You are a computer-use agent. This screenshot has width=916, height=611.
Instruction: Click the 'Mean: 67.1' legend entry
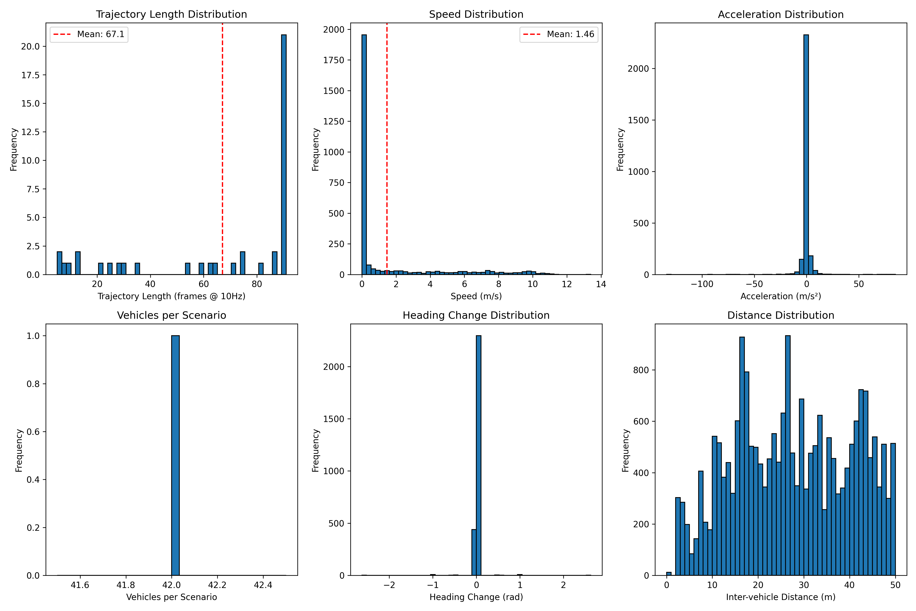[x=89, y=34]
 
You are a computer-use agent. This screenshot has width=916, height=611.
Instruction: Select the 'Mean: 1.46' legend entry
[x=559, y=34]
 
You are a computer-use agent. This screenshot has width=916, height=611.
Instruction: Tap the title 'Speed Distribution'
[x=476, y=14]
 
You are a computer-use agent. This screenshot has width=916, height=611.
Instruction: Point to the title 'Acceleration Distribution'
[x=780, y=14]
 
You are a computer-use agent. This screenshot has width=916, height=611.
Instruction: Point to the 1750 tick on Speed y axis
[x=334, y=60]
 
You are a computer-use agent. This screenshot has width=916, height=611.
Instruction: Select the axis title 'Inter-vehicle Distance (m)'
[x=780, y=597]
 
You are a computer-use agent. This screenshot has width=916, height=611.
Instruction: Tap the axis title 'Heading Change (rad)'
[x=476, y=597]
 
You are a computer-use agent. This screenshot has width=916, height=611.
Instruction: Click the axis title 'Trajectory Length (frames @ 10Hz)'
[x=171, y=296]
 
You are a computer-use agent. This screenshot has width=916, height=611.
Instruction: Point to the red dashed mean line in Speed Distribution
[x=387, y=156]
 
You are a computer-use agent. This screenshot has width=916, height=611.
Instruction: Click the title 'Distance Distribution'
[x=780, y=315]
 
